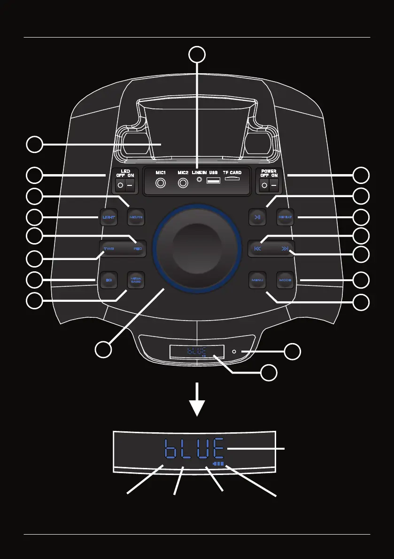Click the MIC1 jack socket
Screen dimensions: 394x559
coord(162,184)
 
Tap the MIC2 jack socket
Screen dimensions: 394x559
coord(184,184)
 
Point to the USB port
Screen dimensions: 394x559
coord(213,181)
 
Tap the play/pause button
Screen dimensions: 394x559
coord(257,217)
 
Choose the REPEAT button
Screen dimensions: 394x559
coord(285,217)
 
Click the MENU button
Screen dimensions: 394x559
coord(257,280)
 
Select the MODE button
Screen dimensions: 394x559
coord(285,280)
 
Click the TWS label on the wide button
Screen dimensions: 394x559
coord(109,249)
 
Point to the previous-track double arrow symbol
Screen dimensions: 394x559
coord(257,249)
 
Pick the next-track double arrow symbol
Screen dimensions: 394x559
coord(285,249)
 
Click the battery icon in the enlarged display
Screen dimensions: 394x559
coord(219,463)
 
